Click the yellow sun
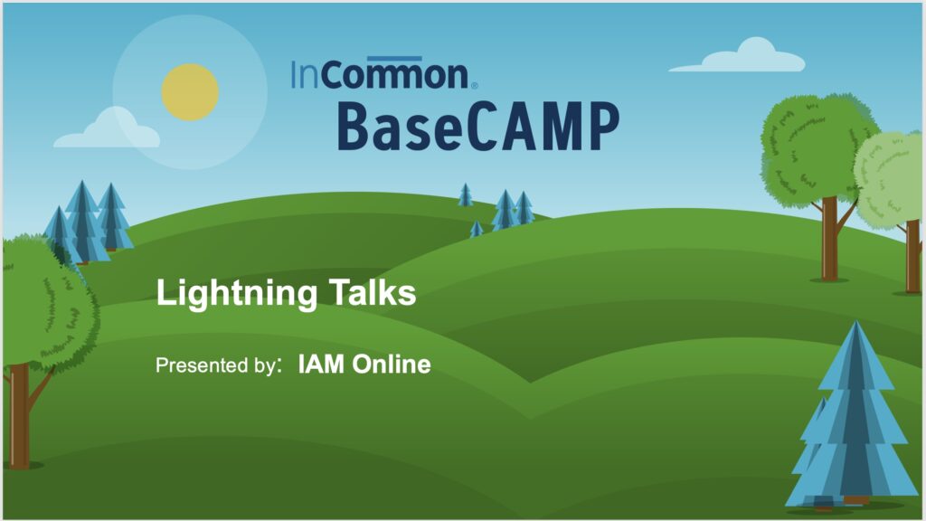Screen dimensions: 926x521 pyautogui.click(x=190, y=92)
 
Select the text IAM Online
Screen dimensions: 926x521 pyautogui.click(x=364, y=364)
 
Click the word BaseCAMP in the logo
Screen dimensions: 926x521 pyautogui.click(x=478, y=127)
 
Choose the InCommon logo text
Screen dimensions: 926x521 pyautogui.click(x=380, y=75)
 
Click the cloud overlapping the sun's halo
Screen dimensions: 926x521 pyautogui.click(x=107, y=129)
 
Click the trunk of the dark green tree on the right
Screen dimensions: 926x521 pyautogui.click(x=830, y=239)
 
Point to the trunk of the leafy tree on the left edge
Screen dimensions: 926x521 pyautogui.click(x=20, y=416)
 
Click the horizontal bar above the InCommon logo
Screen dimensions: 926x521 pyautogui.click(x=394, y=59)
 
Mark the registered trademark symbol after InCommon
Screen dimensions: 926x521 pyautogui.click(x=474, y=86)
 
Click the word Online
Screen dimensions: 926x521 pyautogui.click(x=392, y=364)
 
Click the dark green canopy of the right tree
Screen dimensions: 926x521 pyautogui.click(x=817, y=147)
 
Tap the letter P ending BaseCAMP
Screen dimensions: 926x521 pyautogui.click(x=603, y=127)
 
